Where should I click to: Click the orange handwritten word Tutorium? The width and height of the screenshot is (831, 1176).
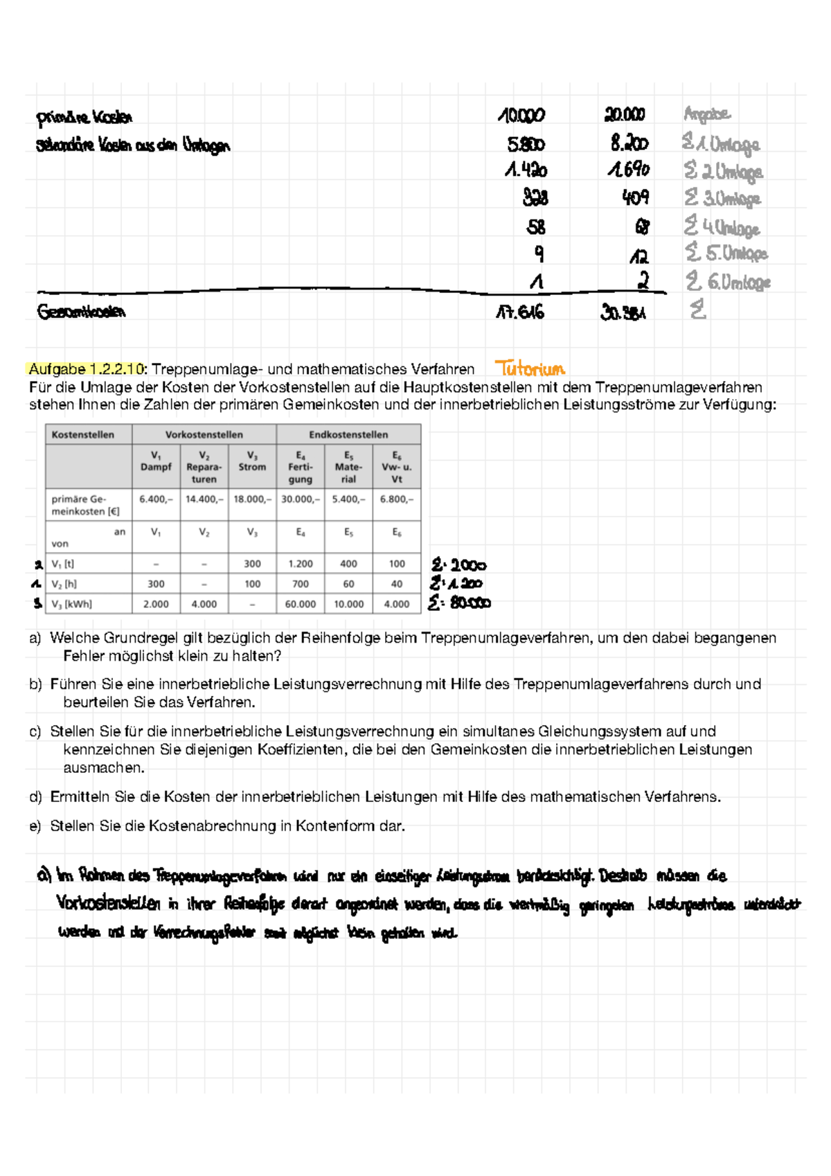click(x=530, y=368)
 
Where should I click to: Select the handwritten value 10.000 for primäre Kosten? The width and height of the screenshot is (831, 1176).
click(x=521, y=116)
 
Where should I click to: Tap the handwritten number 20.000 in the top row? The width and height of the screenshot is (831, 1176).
click(x=625, y=114)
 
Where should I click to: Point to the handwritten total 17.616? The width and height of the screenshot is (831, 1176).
click(x=520, y=312)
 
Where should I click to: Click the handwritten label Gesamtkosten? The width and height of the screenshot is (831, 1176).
click(x=82, y=312)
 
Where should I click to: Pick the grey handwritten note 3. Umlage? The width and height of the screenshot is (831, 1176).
click(x=723, y=199)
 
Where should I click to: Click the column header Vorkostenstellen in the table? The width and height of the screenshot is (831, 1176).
click(x=204, y=434)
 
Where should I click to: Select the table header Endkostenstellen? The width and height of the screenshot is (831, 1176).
click(x=348, y=434)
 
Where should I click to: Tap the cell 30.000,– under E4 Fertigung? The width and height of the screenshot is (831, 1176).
click(x=300, y=499)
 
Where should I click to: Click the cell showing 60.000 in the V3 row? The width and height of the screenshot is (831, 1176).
click(x=300, y=604)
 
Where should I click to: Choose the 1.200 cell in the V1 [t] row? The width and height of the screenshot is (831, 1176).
click(x=300, y=564)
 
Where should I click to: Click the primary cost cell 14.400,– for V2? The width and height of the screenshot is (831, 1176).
click(x=204, y=499)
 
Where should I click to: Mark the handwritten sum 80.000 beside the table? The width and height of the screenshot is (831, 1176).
click(x=470, y=603)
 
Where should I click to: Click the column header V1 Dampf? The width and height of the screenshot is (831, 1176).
click(x=156, y=461)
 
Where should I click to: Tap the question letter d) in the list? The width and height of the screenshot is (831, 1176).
click(x=35, y=797)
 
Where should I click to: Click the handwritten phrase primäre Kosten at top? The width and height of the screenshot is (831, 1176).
click(x=84, y=118)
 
